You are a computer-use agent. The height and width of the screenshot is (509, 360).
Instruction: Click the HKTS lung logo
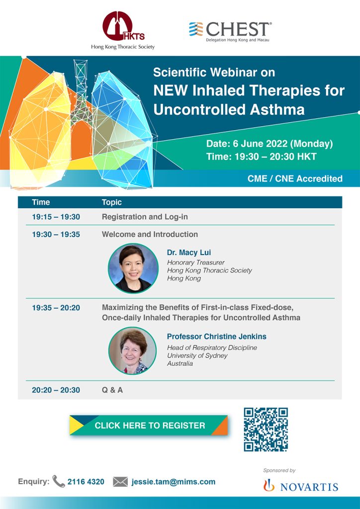pyautogui.click(x=123, y=26)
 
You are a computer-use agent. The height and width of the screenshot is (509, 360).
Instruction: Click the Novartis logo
pyautogui.click(x=301, y=486)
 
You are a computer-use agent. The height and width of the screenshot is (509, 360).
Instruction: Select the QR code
pyautogui.click(x=266, y=429)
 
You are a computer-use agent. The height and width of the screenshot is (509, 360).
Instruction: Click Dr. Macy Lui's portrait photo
pyautogui.click(x=133, y=268)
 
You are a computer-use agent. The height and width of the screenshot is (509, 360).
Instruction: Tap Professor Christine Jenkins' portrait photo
pyautogui.click(x=132, y=350)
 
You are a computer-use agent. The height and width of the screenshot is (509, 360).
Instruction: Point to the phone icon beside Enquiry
pyautogui.click(x=59, y=481)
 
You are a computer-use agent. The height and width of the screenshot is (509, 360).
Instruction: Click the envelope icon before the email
pyautogui.click(x=120, y=482)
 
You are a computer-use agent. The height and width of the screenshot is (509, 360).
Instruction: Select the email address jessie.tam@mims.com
pyautogui.click(x=174, y=482)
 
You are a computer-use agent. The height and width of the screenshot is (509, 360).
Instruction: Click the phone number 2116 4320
pyautogui.click(x=86, y=482)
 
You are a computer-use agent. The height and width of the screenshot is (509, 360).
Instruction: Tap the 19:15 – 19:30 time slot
pyautogui.click(x=56, y=217)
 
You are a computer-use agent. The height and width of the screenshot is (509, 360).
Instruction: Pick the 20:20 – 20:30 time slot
pyautogui.click(x=56, y=390)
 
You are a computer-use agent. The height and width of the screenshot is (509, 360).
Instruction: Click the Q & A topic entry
pyautogui.click(x=112, y=390)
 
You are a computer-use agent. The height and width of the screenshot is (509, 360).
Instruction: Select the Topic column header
pyautogui.click(x=112, y=202)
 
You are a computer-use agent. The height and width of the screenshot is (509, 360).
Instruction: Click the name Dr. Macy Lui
pyautogui.click(x=189, y=252)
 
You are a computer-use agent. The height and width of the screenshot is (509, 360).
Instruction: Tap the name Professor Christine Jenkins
pyautogui.click(x=216, y=337)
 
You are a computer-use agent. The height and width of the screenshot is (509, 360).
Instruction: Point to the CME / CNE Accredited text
pyautogui.click(x=295, y=178)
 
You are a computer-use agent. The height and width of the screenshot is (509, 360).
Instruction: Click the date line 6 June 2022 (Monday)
pyautogui.click(x=270, y=144)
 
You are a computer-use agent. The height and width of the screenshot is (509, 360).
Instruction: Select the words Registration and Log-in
pyautogui.click(x=145, y=217)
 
